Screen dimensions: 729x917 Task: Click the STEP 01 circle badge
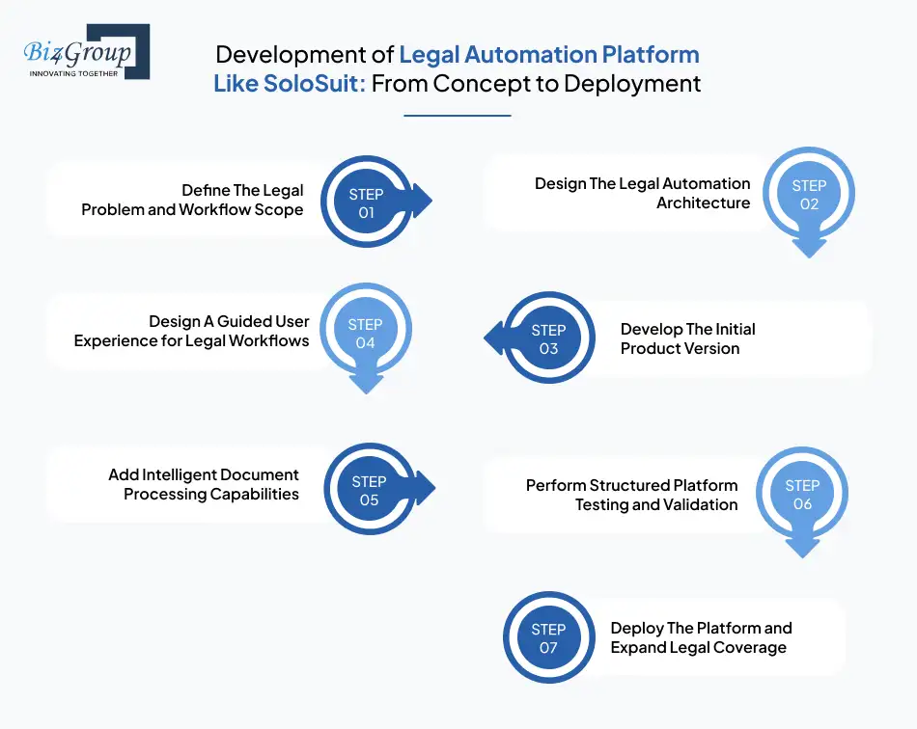tap(366, 202)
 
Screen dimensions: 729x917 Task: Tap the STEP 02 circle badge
tap(809, 195)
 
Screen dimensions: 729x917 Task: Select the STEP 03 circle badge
tap(548, 338)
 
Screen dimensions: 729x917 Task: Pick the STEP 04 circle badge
tap(365, 334)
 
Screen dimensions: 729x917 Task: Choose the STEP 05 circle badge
tap(369, 490)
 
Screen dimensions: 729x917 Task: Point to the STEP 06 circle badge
tap(802, 495)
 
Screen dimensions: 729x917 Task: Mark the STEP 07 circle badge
tap(548, 638)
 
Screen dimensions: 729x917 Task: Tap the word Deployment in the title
tap(632, 83)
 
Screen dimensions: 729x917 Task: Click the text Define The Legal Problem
tap(193, 200)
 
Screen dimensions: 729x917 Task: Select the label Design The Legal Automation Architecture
tap(642, 193)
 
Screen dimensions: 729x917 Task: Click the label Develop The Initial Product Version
tap(687, 338)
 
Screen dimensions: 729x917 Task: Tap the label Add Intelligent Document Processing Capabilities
tap(204, 484)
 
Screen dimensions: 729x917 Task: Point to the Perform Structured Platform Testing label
tap(631, 495)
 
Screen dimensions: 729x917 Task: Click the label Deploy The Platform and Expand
tap(701, 637)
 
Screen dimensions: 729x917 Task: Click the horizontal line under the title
tap(457, 116)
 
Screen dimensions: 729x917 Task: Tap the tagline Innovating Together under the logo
tap(73, 72)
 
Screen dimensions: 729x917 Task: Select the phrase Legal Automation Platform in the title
tap(549, 54)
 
